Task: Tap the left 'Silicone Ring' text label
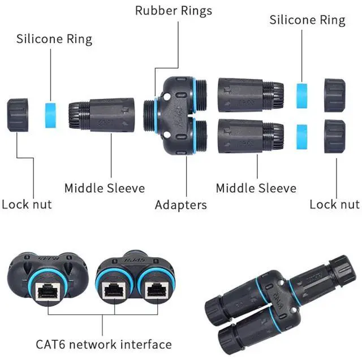54,39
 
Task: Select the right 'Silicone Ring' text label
307,20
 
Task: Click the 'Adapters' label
181,205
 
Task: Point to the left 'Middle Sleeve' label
104,188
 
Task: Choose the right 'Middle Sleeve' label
256,188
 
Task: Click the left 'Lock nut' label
27,204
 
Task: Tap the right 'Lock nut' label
334,204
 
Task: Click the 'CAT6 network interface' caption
104,344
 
